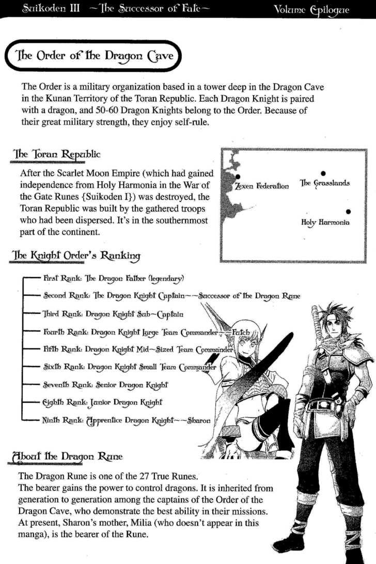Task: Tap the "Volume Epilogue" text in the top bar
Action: [319, 9]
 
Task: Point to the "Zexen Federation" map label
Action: [262, 186]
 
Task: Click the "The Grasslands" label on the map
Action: [324, 183]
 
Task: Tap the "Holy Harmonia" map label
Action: [325, 222]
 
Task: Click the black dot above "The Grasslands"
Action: [323, 173]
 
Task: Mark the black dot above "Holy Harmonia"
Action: [349, 211]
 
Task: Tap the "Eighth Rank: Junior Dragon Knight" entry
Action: [102, 402]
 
